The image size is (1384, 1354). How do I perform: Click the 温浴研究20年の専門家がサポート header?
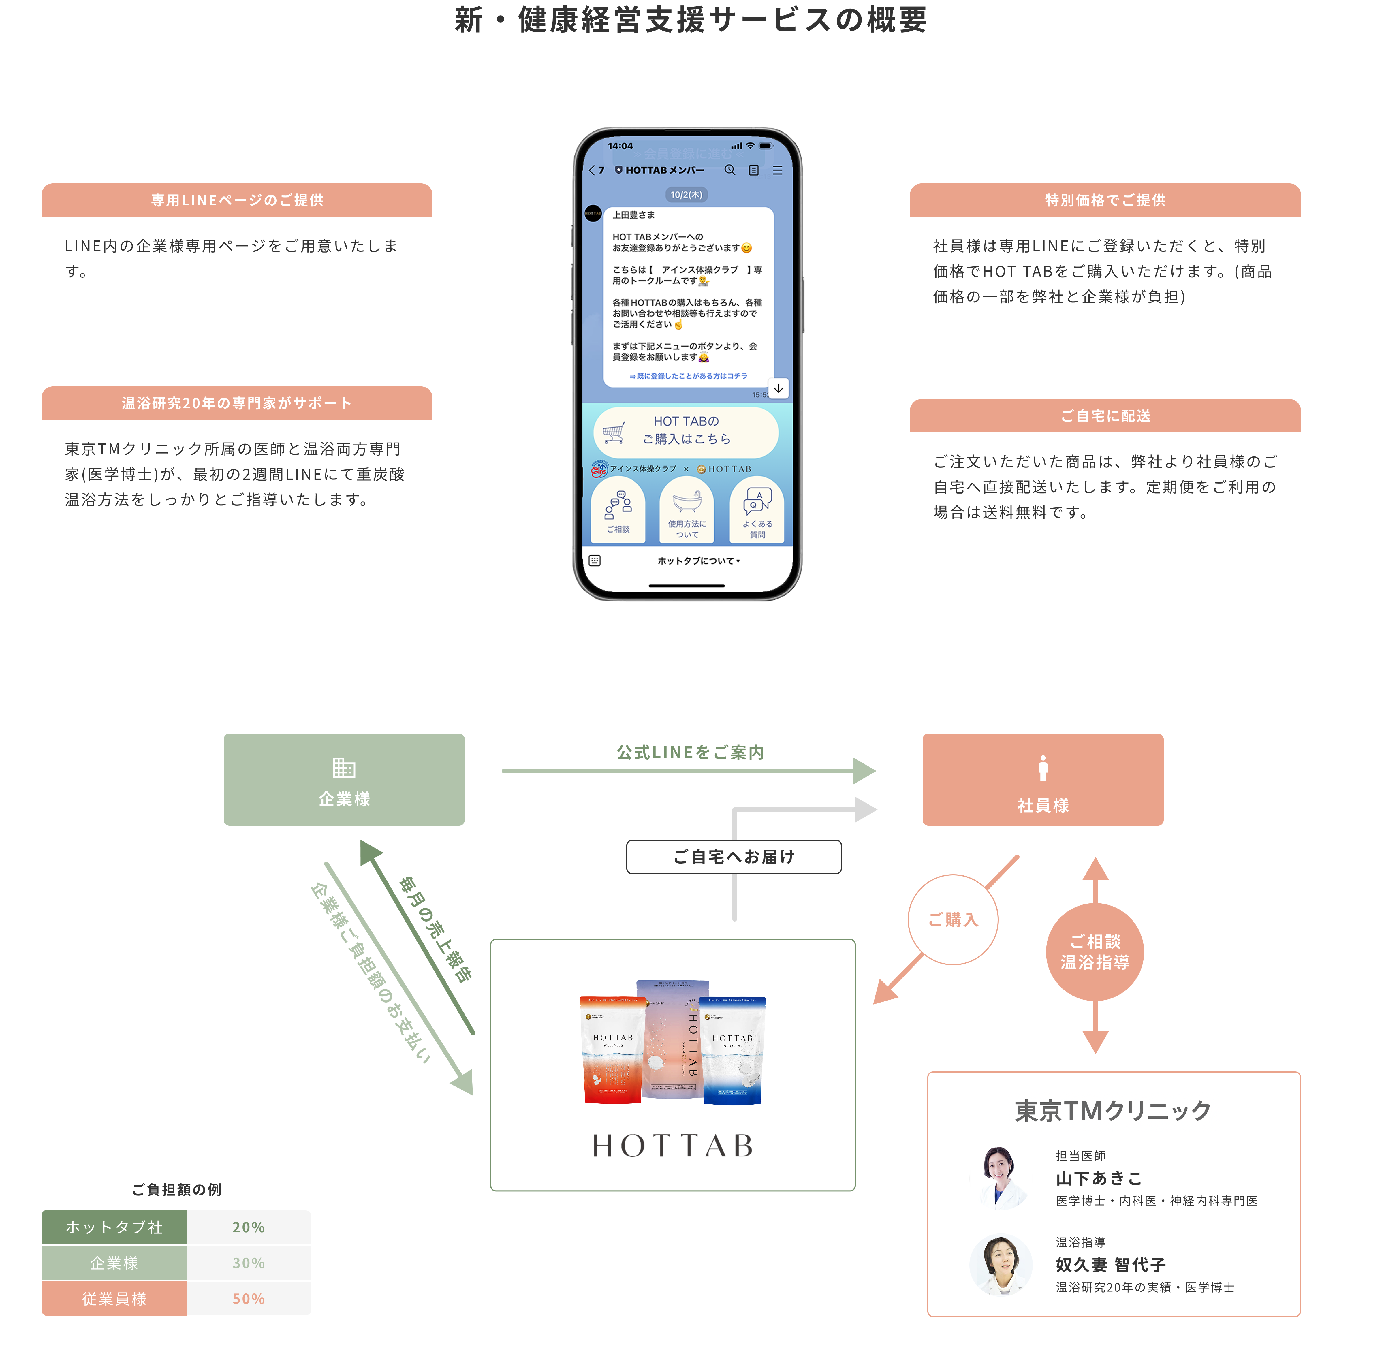tap(237, 403)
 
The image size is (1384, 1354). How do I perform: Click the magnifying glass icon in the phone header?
tap(730, 170)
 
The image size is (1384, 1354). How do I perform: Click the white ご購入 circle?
tap(953, 919)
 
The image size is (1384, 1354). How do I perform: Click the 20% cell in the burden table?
tap(248, 1227)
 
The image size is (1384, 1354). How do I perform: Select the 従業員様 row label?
tap(114, 1299)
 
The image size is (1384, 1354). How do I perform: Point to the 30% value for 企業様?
tap(248, 1263)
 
